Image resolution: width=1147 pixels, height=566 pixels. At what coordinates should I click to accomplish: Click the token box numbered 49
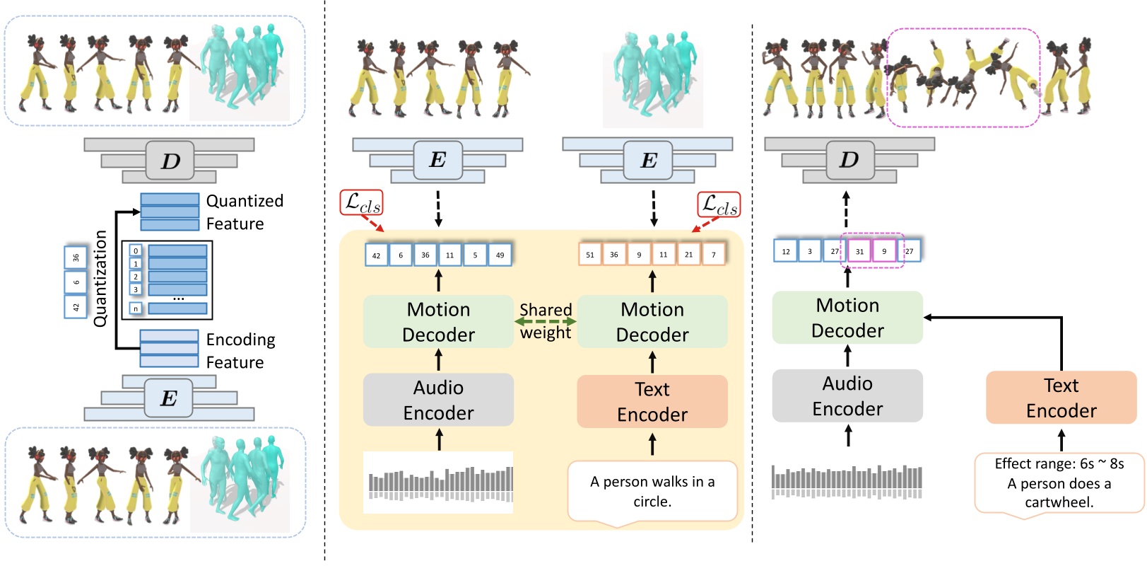(500, 255)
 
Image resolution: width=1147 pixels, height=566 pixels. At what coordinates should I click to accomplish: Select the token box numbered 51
(590, 255)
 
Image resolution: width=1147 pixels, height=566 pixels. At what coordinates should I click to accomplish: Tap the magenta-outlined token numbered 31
(859, 251)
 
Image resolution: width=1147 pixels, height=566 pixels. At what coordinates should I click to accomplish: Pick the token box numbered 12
(786, 251)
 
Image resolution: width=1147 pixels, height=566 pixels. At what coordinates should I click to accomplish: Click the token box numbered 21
(688, 255)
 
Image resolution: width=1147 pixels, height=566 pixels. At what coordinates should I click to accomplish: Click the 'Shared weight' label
(546, 320)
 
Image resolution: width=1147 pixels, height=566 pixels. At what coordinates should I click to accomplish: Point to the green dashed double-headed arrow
(546, 322)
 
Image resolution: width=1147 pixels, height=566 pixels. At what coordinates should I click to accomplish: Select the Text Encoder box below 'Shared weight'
(652, 401)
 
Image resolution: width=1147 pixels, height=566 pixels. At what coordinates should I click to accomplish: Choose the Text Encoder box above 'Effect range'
(1061, 398)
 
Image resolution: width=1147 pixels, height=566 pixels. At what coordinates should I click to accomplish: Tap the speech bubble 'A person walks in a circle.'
(652, 491)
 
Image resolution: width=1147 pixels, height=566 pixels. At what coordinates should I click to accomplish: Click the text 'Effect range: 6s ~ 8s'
(1059, 463)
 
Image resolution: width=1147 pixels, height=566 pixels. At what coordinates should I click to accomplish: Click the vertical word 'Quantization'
(100, 278)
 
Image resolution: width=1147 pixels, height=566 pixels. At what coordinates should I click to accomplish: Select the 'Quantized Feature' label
(244, 212)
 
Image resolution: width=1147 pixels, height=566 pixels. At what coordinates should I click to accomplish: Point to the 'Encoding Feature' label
(240, 351)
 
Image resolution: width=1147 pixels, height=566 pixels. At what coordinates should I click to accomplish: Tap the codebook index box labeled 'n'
(136, 308)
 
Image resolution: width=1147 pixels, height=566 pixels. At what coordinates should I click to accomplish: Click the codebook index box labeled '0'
(136, 250)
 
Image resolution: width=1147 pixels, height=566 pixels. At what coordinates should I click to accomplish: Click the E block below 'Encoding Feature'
(168, 398)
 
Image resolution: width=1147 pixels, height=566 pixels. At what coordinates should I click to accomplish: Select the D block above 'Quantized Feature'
(170, 161)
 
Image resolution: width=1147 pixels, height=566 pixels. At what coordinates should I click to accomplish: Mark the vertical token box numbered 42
(76, 307)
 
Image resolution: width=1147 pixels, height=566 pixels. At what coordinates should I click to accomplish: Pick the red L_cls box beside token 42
(361, 204)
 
